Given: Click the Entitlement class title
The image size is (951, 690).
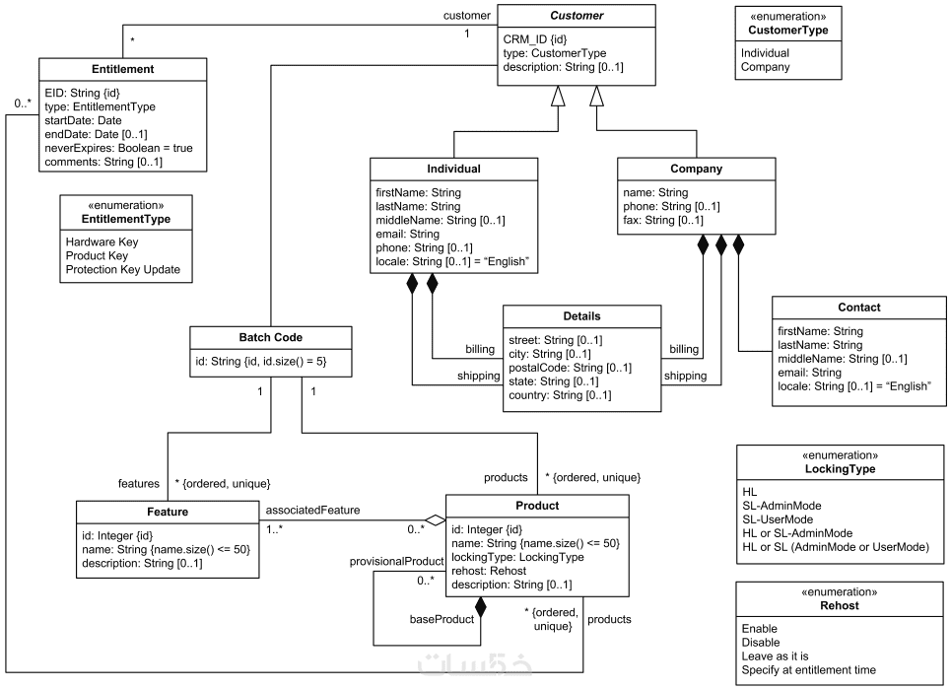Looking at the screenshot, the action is [122, 69].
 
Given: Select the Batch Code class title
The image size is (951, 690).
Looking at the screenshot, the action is [270, 337].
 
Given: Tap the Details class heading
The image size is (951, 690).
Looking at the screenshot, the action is [581, 316].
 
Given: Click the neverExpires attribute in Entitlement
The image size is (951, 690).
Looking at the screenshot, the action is [119, 148].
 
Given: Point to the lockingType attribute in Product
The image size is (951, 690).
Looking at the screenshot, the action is [518, 557].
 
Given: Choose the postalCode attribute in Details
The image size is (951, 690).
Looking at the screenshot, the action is [571, 368].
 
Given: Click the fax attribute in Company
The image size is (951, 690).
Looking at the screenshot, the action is [663, 220].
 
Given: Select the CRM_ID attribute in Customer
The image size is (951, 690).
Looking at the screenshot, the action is [535, 39].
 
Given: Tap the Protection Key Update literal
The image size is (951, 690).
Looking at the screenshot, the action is [123, 269].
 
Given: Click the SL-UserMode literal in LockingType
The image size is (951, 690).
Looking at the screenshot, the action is [778, 519].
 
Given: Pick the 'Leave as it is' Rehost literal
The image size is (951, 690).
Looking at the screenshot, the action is [776, 656].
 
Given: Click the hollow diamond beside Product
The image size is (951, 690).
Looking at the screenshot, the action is [436, 520].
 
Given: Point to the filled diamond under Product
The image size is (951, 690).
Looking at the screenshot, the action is [480, 607].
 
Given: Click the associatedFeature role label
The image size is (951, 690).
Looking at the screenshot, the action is [313, 511].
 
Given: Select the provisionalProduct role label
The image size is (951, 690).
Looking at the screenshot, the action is [396, 561].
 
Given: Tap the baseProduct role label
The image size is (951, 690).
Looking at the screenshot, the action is [442, 620].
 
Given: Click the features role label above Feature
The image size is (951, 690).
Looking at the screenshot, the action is [139, 484].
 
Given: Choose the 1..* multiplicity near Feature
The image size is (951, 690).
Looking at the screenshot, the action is [274, 529].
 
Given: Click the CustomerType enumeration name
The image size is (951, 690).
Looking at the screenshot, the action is [787, 31].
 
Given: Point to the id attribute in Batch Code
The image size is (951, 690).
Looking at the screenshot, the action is [261, 362].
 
